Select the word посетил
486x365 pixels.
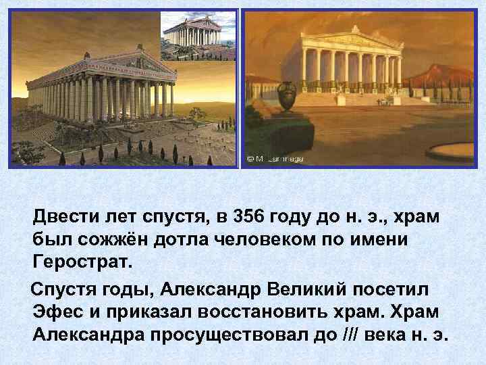pyautogui.click(x=391, y=291)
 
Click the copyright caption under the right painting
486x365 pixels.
pyautogui.click(x=275, y=159)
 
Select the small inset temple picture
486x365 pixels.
pyautogui.click(x=198, y=36)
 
